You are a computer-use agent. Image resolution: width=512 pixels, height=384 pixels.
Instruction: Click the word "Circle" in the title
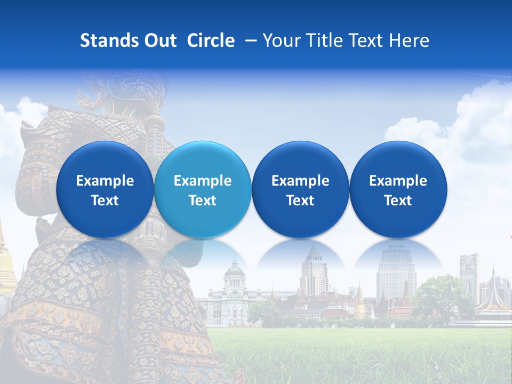coord(211,41)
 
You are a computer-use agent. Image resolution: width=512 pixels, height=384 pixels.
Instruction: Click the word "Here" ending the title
coord(409,41)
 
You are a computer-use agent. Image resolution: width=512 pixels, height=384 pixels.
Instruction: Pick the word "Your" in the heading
coord(281,41)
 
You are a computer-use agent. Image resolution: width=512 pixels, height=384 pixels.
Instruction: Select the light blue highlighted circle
coord(203,189)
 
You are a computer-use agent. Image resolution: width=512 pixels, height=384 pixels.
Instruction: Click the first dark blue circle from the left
coord(105,189)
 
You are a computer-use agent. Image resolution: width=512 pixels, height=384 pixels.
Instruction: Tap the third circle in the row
coord(300,189)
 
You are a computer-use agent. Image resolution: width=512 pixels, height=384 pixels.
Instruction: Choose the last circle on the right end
coord(398,189)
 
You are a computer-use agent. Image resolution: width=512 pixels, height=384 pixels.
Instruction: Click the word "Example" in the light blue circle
coord(203,181)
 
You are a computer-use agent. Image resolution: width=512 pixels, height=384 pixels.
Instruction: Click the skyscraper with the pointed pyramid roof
coord(314,272)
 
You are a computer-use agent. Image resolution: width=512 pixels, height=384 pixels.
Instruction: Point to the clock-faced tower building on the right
coord(469,275)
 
